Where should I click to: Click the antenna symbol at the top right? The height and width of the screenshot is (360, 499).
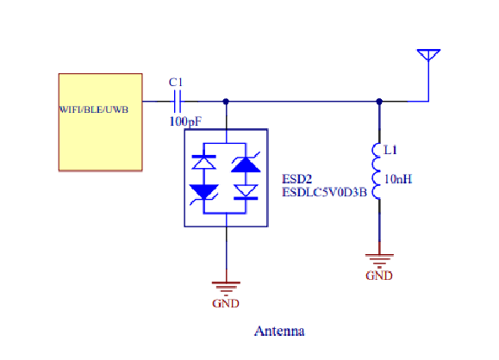pos(428,55)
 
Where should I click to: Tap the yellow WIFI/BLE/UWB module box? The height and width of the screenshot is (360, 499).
pos(100,122)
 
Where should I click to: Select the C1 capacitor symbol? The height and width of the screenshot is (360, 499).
pos(178,102)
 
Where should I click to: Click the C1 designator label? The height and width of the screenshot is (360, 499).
pos(176,83)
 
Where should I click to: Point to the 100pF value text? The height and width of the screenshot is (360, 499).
pos(185,121)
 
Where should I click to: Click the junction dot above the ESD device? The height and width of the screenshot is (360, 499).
pos(226,102)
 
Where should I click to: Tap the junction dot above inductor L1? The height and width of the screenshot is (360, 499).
pos(379,102)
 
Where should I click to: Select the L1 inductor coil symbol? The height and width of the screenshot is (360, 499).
pos(376,171)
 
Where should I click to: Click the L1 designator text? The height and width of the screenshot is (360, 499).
pos(390,150)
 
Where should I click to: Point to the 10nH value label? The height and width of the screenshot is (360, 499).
pos(398,179)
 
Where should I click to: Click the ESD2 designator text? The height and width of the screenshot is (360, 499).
pos(297,179)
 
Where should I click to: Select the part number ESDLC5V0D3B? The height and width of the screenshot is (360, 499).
pos(324,192)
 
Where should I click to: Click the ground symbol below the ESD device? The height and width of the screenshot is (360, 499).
pos(226,289)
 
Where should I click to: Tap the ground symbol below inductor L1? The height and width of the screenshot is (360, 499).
pos(379,261)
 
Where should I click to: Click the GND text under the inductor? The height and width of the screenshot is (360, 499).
pos(379,276)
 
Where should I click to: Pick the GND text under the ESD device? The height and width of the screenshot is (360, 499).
pos(226,303)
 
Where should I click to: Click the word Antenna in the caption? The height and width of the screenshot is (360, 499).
pos(279,331)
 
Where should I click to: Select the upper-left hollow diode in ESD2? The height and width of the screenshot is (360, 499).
pos(204,162)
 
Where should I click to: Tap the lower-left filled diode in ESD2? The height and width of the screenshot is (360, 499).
pos(204,192)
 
